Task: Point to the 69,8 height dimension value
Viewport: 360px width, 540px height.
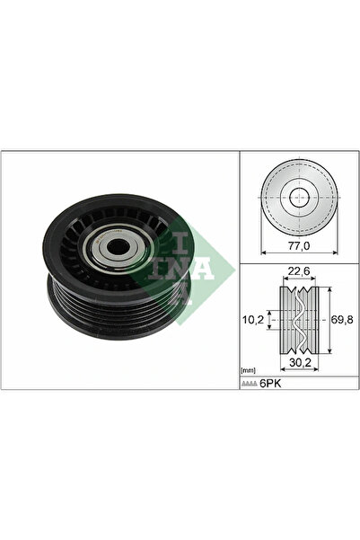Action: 341,318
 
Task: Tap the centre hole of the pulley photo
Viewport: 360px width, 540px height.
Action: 115,249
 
